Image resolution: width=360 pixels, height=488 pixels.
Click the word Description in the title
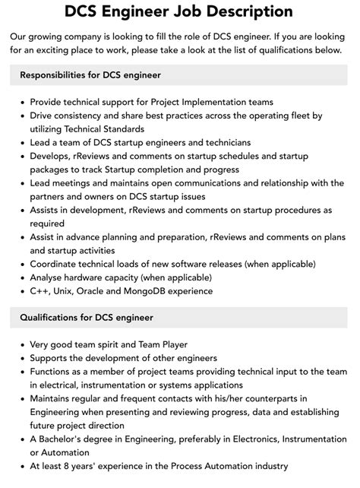pyautogui.click(x=245, y=11)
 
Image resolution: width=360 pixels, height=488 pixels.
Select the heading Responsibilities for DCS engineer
pyautogui.click(x=90, y=75)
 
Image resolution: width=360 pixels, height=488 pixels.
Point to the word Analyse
pyautogui.click(x=48, y=277)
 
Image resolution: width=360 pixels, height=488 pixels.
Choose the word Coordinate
pyautogui.click(x=55, y=264)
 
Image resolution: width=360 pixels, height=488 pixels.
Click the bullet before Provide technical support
pyautogui.click(x=21, y=102)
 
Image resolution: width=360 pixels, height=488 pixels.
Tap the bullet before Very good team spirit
pyautogui.click(x=21, y=344)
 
